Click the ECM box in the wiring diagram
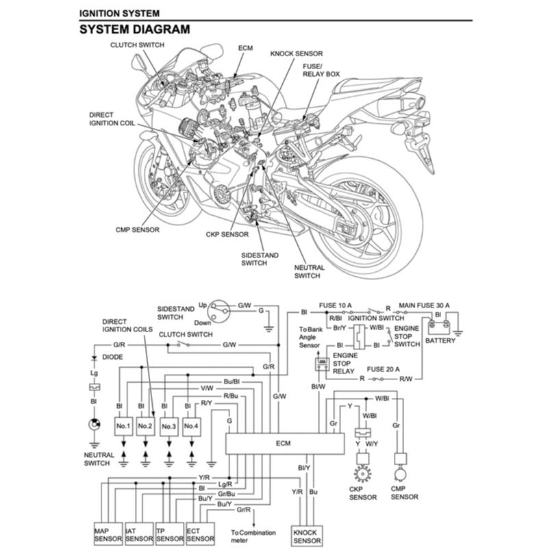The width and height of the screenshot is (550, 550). (284, 444)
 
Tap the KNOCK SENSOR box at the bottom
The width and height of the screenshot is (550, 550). (306, 536)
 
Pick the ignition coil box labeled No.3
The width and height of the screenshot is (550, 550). (168, 427)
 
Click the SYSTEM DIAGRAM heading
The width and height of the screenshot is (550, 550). (134, 29)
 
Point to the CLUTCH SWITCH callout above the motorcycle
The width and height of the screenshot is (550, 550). (138, 45)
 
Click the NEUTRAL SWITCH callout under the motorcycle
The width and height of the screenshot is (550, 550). (307, 272)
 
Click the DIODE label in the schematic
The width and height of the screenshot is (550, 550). (113, 357)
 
